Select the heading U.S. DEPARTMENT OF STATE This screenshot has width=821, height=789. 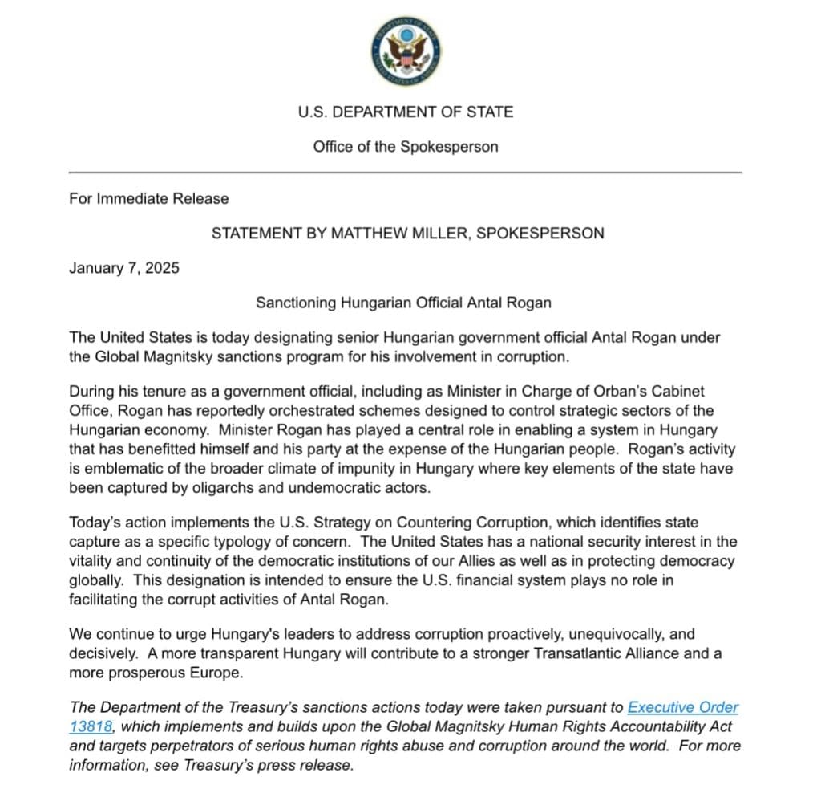coord(405,112)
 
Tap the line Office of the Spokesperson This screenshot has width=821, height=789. coord(405,147)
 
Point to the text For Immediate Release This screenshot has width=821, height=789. coord(149,198)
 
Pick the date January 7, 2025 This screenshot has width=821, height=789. coord(124,268)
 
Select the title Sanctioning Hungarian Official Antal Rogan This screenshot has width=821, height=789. coord(404,303)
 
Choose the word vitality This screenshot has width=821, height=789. coord(91,560)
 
